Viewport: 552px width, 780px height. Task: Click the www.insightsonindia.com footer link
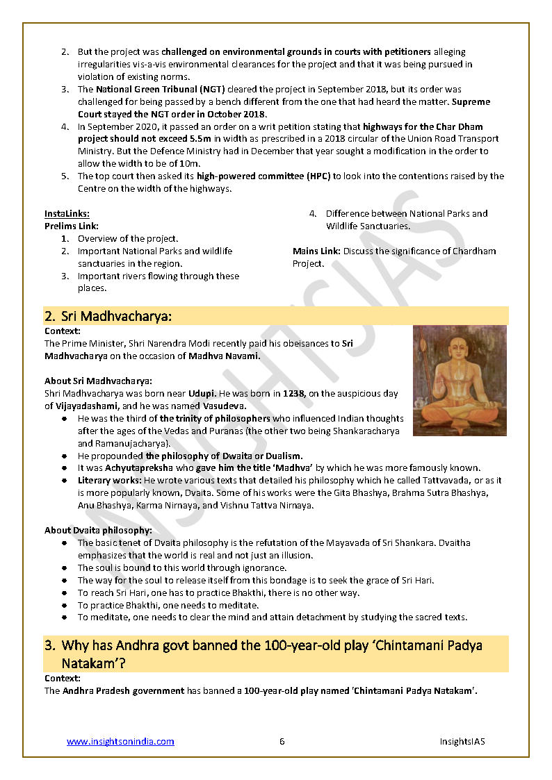point(120,741)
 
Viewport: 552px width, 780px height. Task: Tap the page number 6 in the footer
point(282,741)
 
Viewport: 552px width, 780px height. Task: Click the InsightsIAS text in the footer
point(462,741)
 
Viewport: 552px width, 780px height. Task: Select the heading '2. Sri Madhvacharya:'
point(108,317)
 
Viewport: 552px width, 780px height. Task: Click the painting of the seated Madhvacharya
point(460,381)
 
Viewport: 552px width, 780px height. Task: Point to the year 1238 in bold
point(293,393)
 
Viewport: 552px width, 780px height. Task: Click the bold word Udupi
point(202,393)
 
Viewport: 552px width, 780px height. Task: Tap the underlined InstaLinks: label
point(67,213)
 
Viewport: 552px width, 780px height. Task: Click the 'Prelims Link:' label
point(72,226)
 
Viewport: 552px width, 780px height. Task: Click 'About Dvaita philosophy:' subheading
point(98,530)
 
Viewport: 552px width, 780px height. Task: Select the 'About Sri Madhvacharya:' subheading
point(98,381)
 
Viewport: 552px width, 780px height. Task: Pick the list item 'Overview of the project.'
point(127,238)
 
